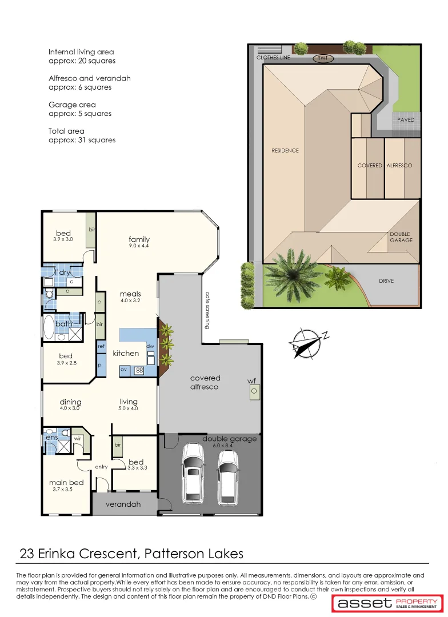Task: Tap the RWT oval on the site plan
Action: [x=323, y=58]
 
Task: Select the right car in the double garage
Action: [x=227, y=478]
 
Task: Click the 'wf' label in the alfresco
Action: [x=251, y=380]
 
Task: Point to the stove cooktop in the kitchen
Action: [x=138, y=370]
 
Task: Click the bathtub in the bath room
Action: [x=49, y=328]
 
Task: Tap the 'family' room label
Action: [x=139, y=239]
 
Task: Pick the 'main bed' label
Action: [x=66, y=483]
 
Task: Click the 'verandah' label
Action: [x=123, y=504]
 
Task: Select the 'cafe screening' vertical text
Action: [x=208, y=310]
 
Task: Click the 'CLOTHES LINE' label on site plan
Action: [x=273, y=58]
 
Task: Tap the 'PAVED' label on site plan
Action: [x=406, y=120]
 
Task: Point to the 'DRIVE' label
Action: [x=386, y=281]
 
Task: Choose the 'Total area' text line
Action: [x=66, y=131]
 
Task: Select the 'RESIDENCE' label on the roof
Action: [x=285, y=151]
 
